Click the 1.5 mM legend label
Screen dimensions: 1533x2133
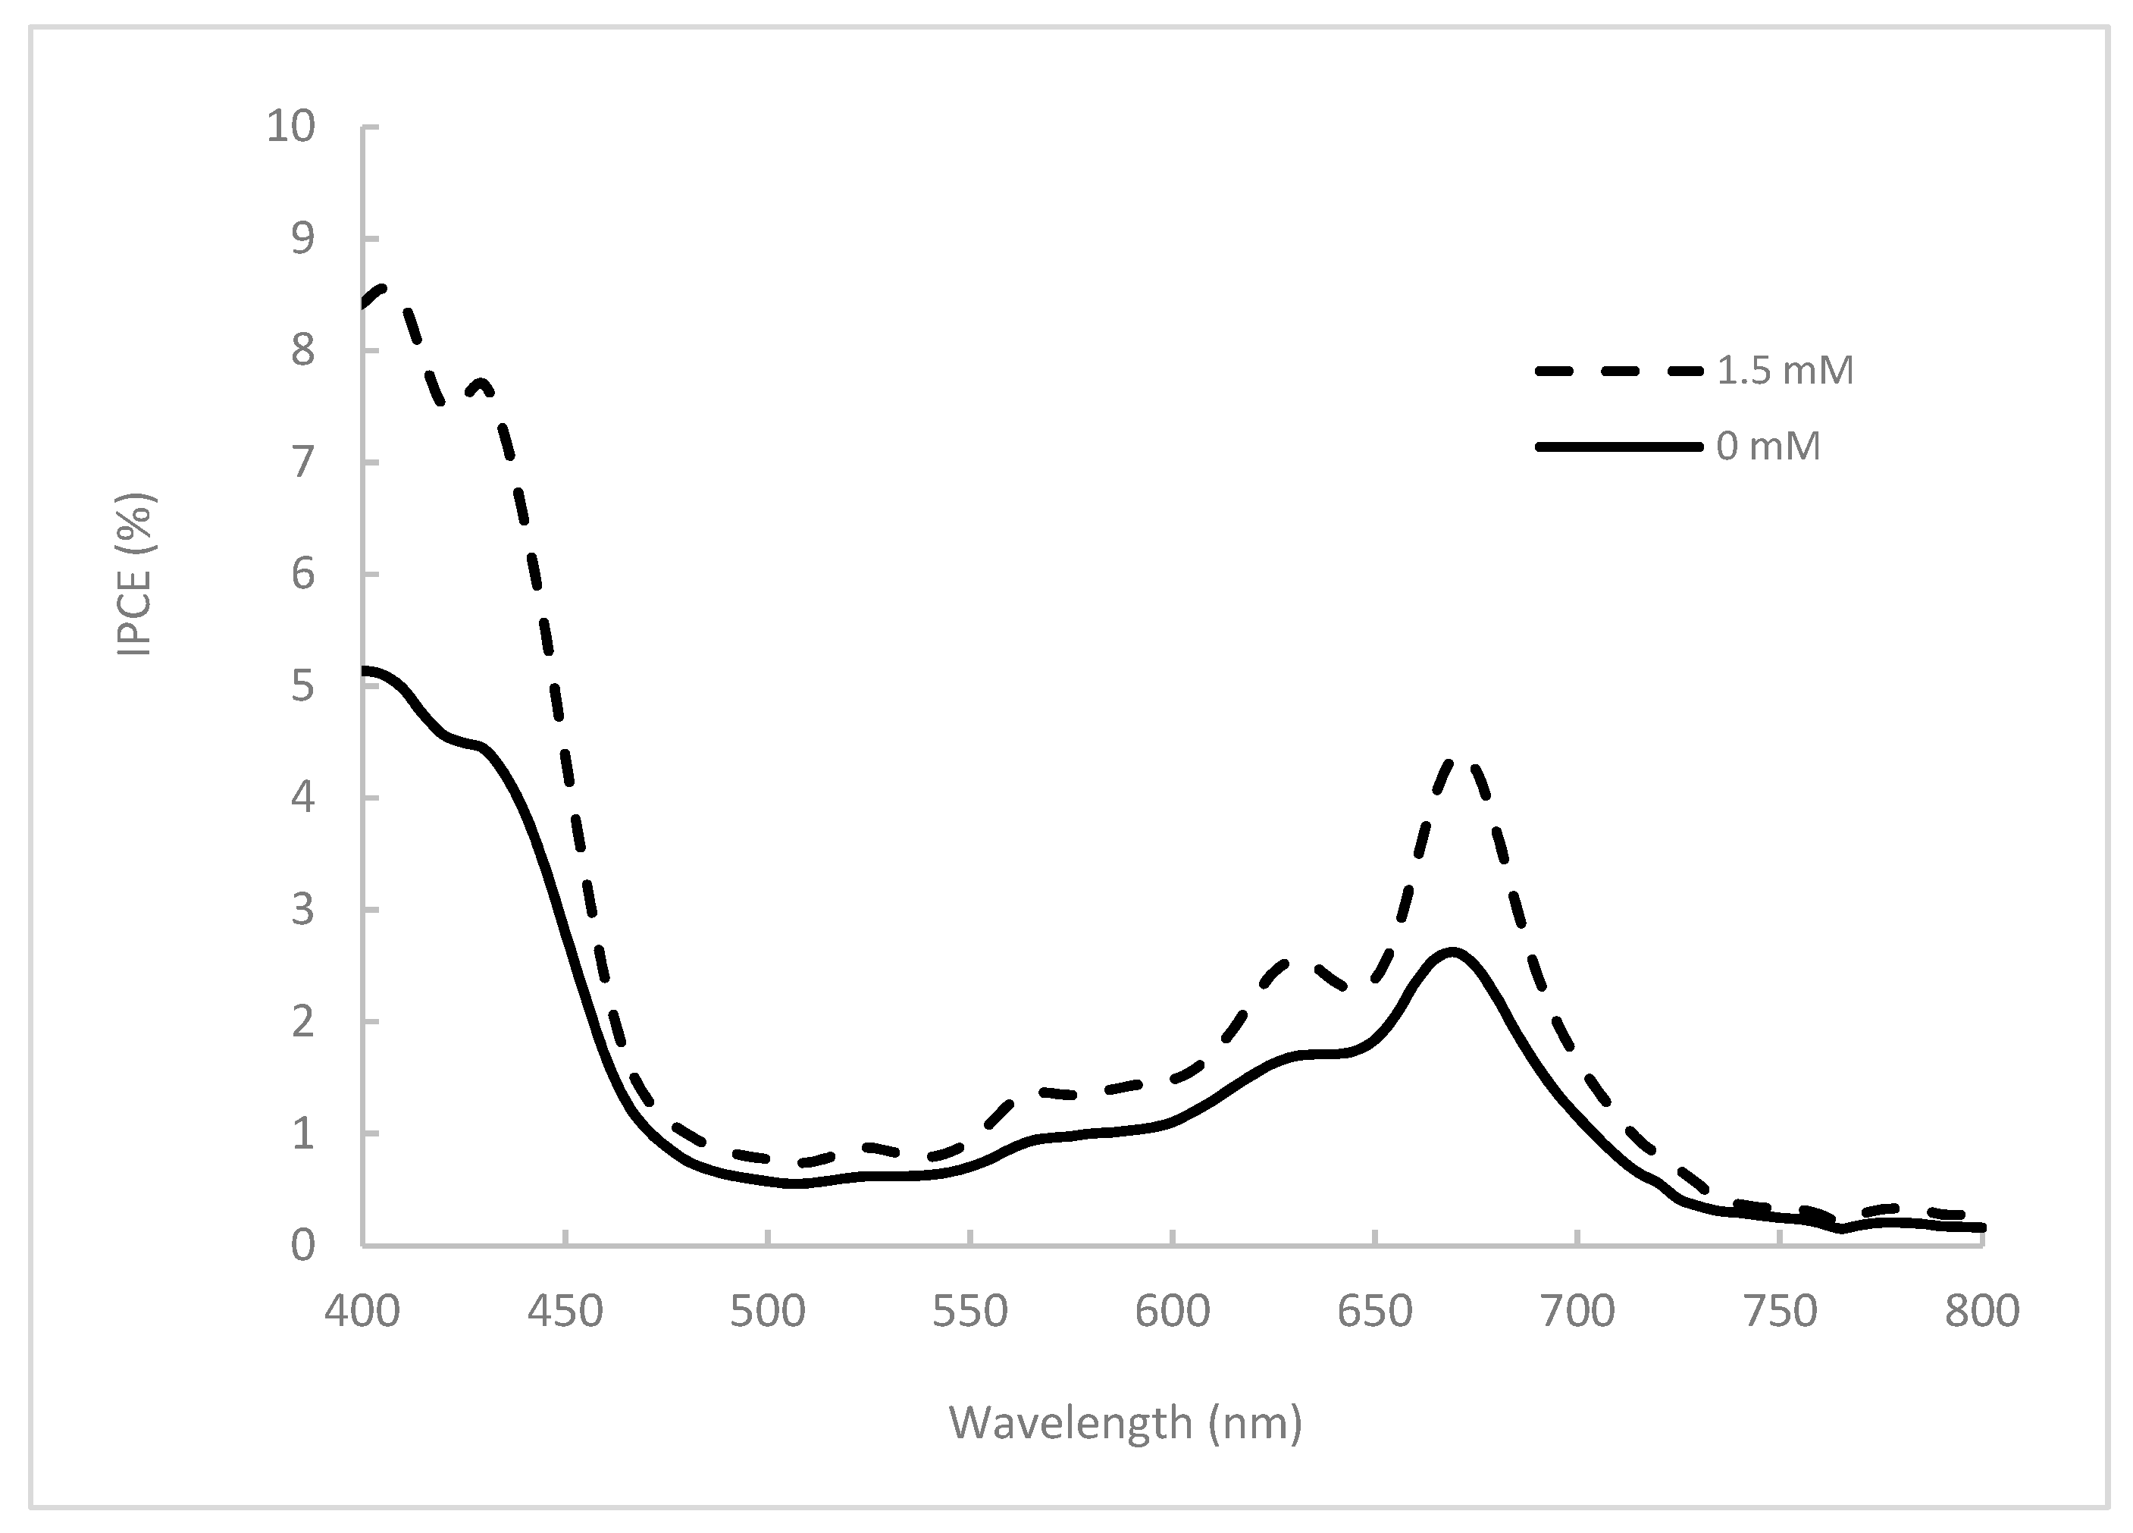pos(1784,371)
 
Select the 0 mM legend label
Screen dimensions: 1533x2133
pos(1768,447)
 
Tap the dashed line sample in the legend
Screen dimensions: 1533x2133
pos(1618,371)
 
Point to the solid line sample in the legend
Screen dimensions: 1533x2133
pos(1618,447)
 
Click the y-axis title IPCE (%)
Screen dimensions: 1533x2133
pos(134,575)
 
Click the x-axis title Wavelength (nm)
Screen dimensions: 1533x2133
pos(1126,1423)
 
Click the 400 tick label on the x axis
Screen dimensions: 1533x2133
pos(362,1312)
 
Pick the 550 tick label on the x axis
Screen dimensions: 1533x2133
pos(969,1312)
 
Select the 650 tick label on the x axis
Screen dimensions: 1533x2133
pos(1375,1312)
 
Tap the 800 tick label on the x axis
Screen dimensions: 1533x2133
pos(1981,1312)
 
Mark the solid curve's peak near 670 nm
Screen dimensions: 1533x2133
pos(1453,951)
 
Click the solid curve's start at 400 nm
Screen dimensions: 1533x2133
pos(365,670)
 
